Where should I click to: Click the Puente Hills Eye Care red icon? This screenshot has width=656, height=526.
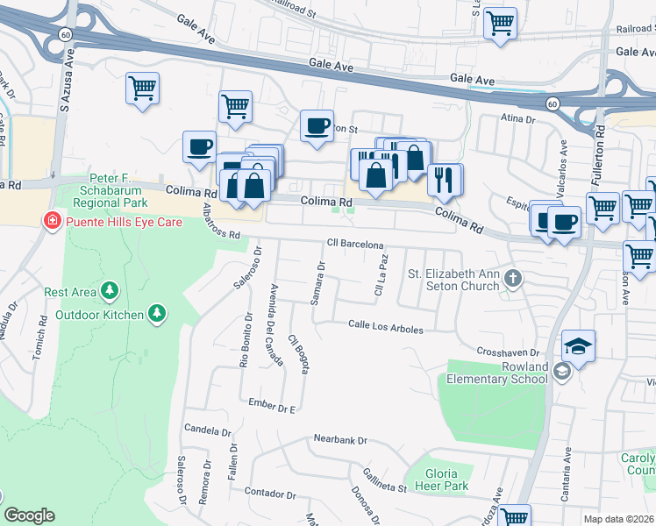(x=53, y=222)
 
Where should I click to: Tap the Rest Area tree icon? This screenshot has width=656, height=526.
(x=110, y=289)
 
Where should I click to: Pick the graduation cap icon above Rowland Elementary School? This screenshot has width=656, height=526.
(x=578, y=347)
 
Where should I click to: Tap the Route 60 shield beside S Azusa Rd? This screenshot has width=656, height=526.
(x=67, y=32)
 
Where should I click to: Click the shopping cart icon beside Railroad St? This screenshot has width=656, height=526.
(x=500, y=23)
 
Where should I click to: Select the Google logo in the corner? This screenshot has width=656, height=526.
(x=29, y=515)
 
